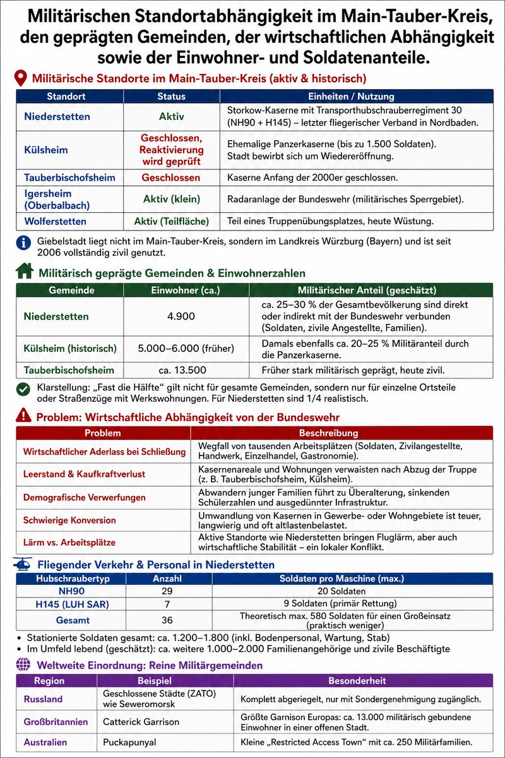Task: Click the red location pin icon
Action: [x=21, y=79]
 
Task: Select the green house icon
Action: [x=24, y=272]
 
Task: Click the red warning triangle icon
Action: [x=23, y=416]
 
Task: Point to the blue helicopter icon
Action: [x=23, y=563]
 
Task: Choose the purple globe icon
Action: [x=23, y=665]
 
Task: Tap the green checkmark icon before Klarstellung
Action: [x=23, y=388]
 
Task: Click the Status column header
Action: [x=171, y=97]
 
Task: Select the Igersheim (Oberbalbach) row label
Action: [x=48, y=199]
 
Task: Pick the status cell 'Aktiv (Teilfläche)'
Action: [x=171, y=222]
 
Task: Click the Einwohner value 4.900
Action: [x=181, y=316]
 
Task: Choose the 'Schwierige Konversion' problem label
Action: [x=69, y=520]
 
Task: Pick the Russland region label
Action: [x=43, y=699]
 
